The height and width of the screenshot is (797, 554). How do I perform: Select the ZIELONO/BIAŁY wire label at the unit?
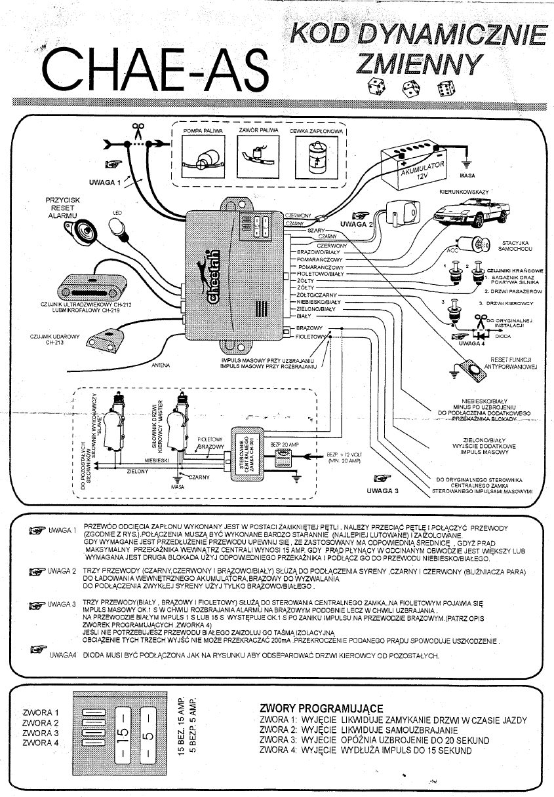tap(316, 308)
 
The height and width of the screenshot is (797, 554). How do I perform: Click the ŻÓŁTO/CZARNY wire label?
tap(317, 295)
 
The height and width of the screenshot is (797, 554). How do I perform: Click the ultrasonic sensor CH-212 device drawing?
tap(92, 285)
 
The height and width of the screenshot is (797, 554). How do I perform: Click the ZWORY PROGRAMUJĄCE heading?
tap(321, 708)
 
